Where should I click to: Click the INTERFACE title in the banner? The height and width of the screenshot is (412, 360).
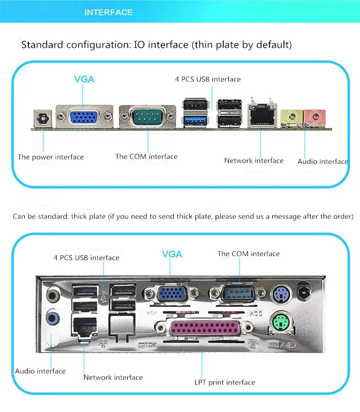point(108,12)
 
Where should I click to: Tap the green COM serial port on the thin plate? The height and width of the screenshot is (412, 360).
point(147,116)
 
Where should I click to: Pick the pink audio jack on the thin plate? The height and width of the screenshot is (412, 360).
point(315,116)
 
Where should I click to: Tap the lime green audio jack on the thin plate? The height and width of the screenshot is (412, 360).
point(292,116)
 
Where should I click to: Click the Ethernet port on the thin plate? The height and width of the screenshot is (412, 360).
point(262,115)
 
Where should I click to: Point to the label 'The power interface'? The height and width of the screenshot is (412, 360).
point(51,157)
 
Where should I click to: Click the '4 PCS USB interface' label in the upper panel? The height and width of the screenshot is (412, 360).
point(208,79)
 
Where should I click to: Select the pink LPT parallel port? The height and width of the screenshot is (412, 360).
point(205,328)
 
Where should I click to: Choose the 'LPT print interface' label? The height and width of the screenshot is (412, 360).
point(225,382)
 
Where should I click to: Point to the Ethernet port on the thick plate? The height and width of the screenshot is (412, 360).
point(85,326)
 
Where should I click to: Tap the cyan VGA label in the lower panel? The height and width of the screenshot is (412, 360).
point(172,254)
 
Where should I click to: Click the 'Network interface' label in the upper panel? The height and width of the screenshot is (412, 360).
point(254,161)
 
